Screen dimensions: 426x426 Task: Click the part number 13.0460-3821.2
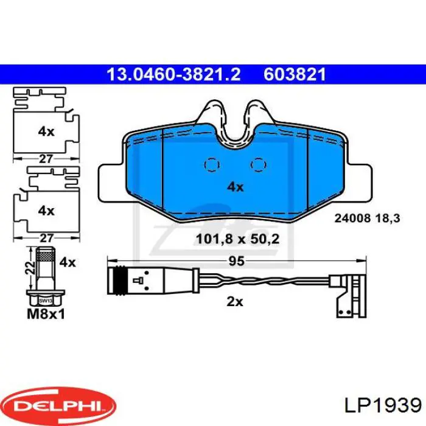(173, 74)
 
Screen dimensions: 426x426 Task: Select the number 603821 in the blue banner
(295, 74)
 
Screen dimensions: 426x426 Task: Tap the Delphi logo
(60, 406)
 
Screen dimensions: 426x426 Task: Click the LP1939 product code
(383, 406)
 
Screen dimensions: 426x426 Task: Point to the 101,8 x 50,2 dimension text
(237, 239)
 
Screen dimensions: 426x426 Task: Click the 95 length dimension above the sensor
(236, 261)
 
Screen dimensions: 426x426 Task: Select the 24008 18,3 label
(367, 218)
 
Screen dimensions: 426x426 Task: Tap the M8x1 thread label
(46, 314)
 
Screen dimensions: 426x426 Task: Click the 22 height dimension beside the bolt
(32, 268)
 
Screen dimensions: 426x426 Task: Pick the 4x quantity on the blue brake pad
(236, 187)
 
